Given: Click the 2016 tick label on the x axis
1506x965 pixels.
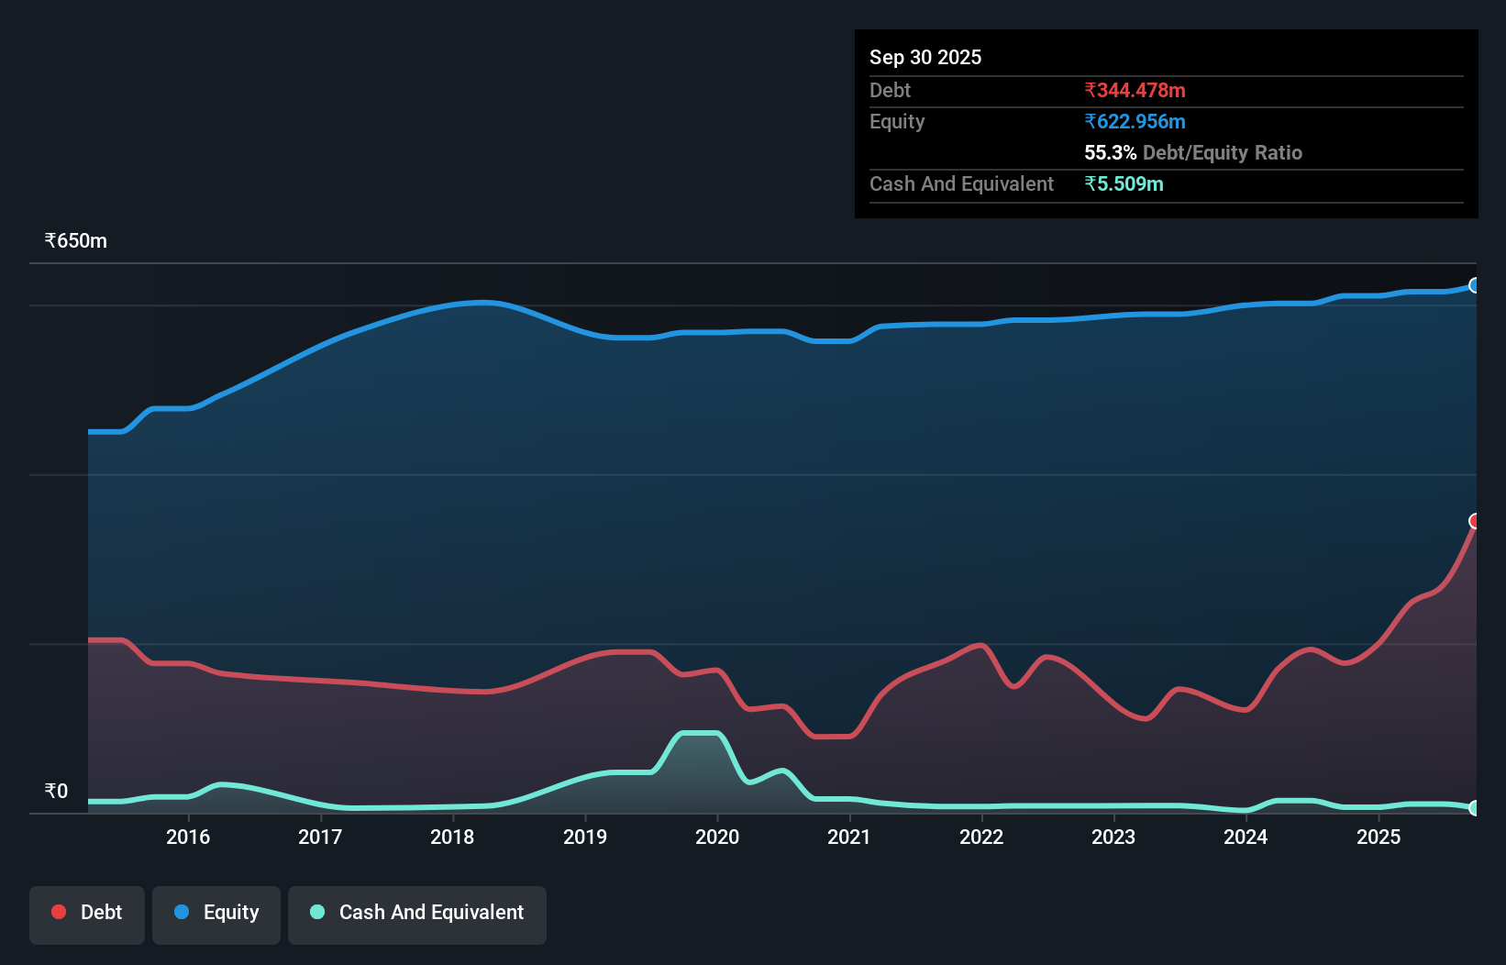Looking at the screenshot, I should point(188,837).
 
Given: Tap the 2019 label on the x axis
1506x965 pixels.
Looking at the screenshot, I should point(585,837).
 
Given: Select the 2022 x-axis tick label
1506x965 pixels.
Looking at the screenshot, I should point(981,837).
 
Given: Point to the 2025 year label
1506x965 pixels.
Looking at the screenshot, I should point(1378,837).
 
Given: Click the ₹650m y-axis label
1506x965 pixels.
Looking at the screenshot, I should point(76,241).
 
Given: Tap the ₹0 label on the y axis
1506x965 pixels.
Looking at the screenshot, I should point(57,791).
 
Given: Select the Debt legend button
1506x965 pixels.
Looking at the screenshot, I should point(87,913).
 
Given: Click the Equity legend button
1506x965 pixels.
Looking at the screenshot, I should point(216,913).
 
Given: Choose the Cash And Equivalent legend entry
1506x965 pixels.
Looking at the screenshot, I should point(417,913).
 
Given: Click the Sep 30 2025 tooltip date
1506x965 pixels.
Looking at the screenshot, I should point(925,57).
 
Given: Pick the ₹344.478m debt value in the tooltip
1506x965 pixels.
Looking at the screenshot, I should point(1135,91).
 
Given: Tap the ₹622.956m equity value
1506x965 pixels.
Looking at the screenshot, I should point(1135,122).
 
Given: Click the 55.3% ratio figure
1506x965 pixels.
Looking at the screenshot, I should point(1110,153).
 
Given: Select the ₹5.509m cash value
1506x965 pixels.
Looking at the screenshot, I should point(1124,184).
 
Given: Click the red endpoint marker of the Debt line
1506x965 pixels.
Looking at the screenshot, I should point(1475,521).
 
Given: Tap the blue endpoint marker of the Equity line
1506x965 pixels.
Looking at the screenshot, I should point(1475,285).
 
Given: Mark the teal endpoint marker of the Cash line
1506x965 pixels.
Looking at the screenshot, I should point(1475,808).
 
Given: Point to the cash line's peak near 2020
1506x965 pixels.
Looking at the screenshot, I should point(701,733).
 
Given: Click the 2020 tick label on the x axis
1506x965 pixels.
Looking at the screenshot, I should point(717,837).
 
